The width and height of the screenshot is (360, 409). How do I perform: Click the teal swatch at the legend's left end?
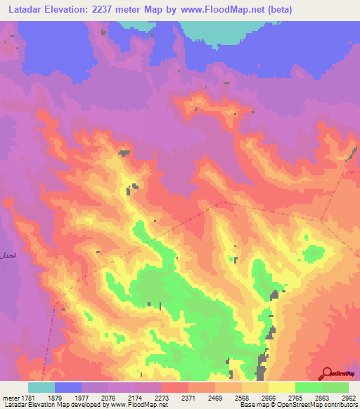pyautogui.click(x=41, y=387)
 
